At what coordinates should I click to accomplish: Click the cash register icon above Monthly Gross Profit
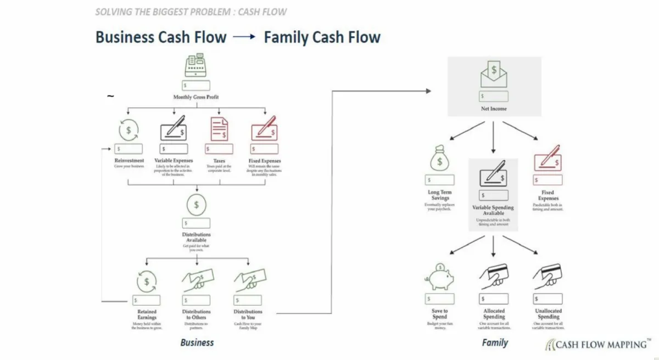click(196, 67)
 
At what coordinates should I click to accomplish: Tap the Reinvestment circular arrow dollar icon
click(129, 130)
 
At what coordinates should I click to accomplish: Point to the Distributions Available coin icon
click(196, 205)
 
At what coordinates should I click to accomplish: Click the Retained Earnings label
click(147, 314)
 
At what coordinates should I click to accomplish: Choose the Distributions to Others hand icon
click(196, 281)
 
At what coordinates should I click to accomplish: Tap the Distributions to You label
click(248, 314)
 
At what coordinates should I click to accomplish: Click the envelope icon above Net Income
click(494, 75)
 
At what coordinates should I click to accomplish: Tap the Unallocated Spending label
click(548, 314)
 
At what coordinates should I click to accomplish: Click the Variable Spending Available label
click(493, 211)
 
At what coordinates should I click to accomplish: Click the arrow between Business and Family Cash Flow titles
click(244, 37)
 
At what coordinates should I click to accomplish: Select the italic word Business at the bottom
click(197, 342)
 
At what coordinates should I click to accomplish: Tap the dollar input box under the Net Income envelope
click(494, 96)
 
